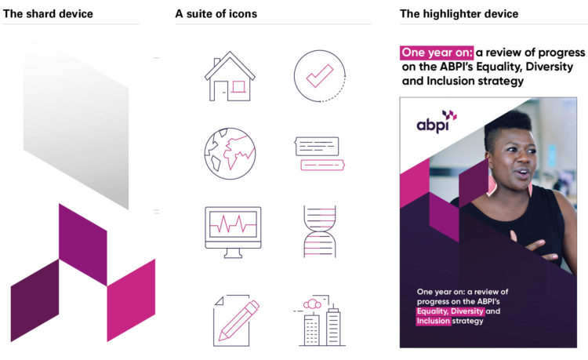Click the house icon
(x=230, y=77)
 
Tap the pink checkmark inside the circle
(x=319, y=76)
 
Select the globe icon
(x=230, y=154)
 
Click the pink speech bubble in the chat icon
(x=322, y=165)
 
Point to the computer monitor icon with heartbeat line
(x=233, y=232)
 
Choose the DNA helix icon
(x=320, y=231)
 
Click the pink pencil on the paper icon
(x=239, y=320)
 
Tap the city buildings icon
(x=320, y=321)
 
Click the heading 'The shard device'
(x=48, y=14)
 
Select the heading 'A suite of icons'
(x=216, y=14)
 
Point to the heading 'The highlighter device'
(x=459, y=14)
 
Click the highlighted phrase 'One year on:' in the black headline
(x=437, y=53)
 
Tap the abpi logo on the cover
(x=437, y=122)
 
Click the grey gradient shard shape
(x=76, y=125)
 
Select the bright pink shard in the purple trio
(x=131, y=300)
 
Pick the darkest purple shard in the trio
(x=34, y=300)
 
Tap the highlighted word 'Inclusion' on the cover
(x=433, y=321)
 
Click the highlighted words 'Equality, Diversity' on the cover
(x=450, y=311)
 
